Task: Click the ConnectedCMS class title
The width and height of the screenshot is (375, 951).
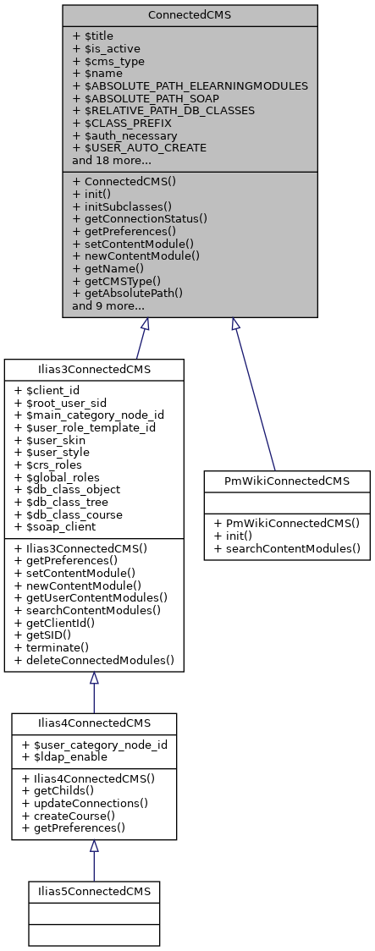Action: tap(190, 15)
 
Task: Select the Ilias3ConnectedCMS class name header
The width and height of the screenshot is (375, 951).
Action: tap(94, 369)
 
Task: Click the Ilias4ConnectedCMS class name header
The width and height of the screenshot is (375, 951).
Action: tap(94, 723)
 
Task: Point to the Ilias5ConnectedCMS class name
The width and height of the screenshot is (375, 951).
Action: tap(94, 891)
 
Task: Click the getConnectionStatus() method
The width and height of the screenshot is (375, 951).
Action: tap(139, 218)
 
